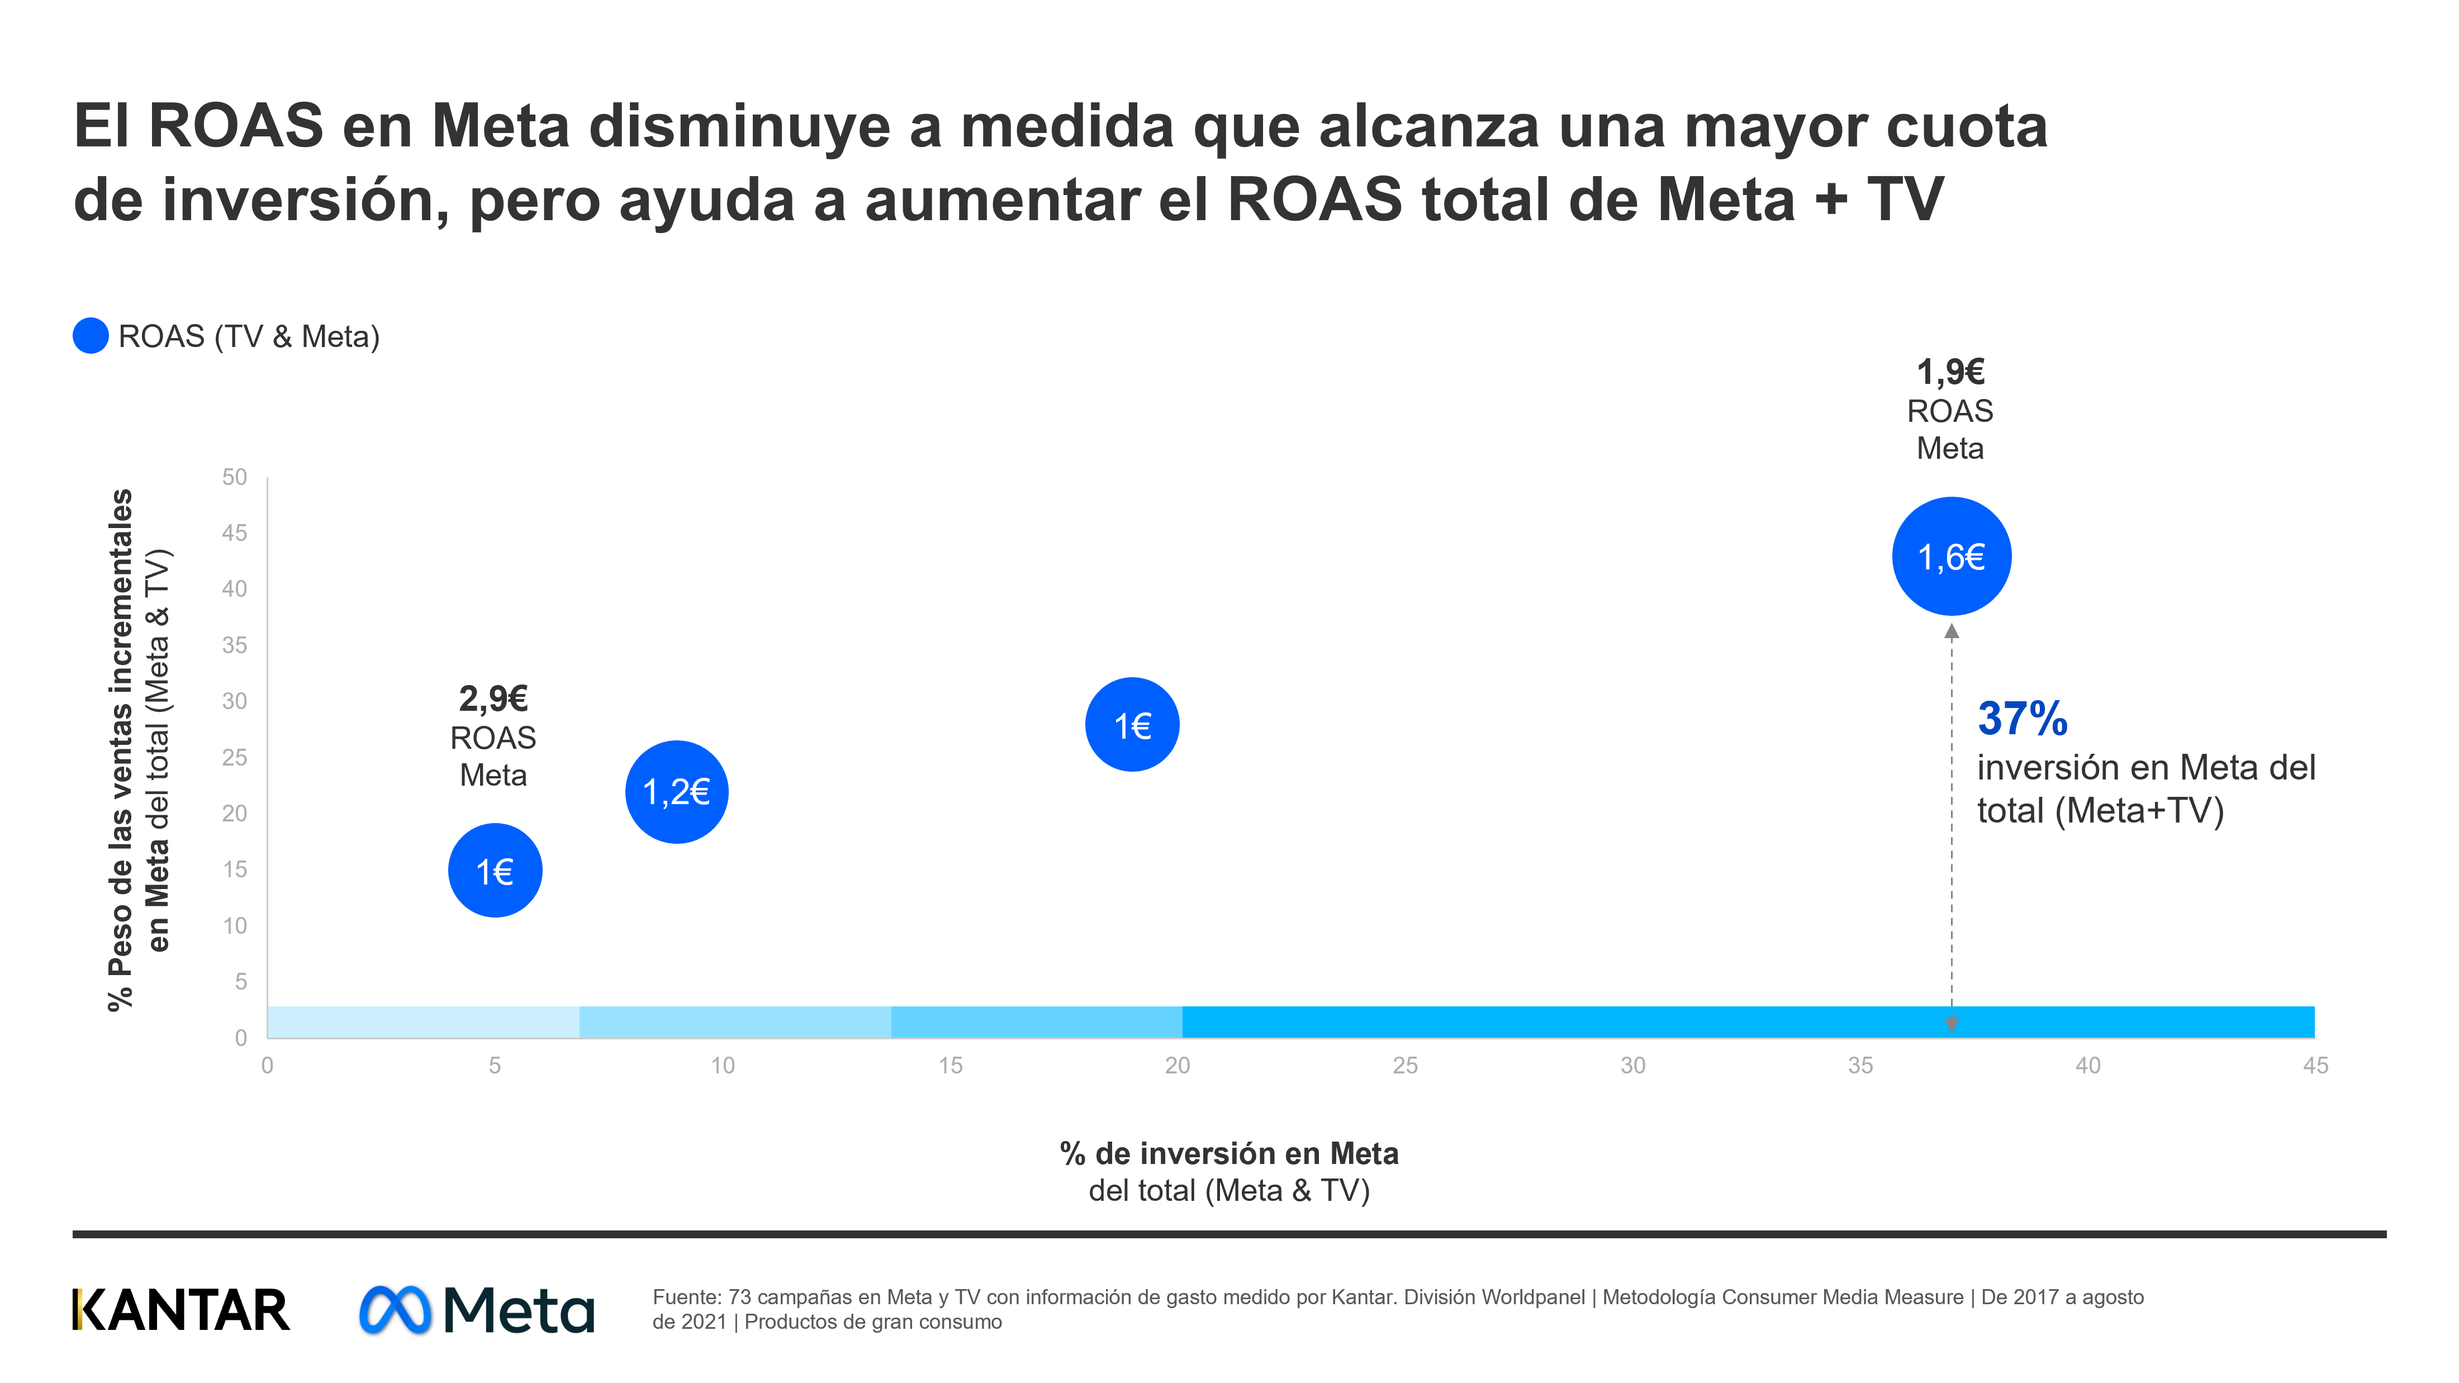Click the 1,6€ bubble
pyautogui.click(x=1950, y=557)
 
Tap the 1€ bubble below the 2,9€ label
pyautogui.click(x=495, y=871)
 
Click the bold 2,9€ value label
pyautogui.click(x=492, y=698)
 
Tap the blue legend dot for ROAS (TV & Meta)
pyautogui.click(x=91, y=336)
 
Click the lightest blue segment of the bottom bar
pyautogui.click(x=423, y=1021)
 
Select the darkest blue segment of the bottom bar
pyautogui.click(x=1747, y=1021)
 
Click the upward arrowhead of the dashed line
pyautogui.click(x=1951, y=631)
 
